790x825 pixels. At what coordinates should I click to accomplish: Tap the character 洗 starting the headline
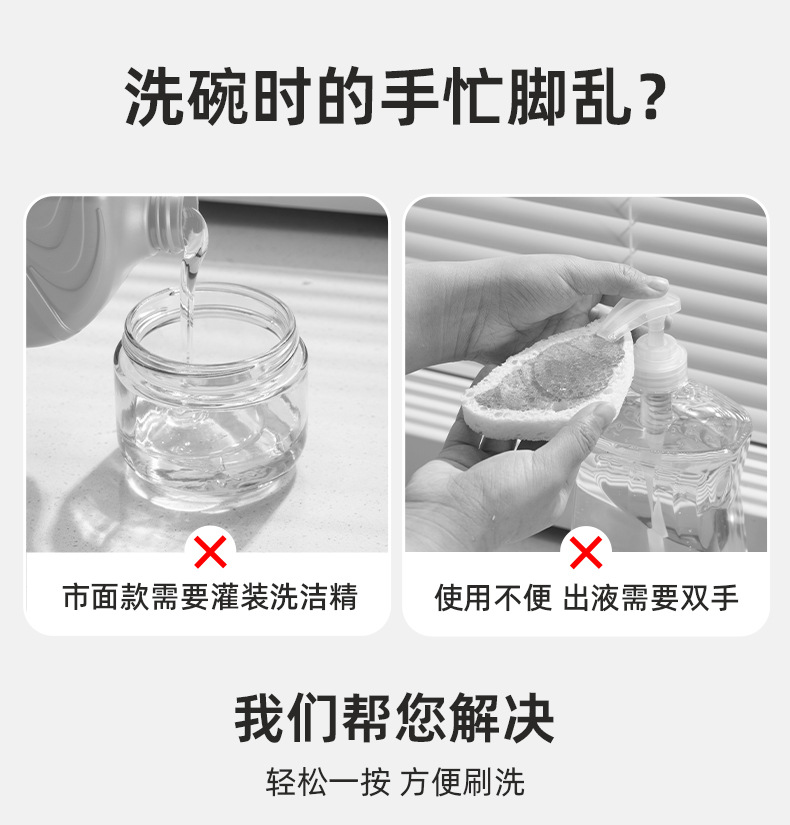156,97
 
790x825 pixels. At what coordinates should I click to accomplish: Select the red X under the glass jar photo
209,551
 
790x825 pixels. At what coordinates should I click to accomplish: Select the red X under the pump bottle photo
586,551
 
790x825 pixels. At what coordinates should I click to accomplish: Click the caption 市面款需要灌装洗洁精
209,598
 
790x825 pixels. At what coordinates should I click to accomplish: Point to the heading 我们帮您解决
395,717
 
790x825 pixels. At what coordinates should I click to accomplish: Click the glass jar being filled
210,400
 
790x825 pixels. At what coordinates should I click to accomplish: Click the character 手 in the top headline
409,97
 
